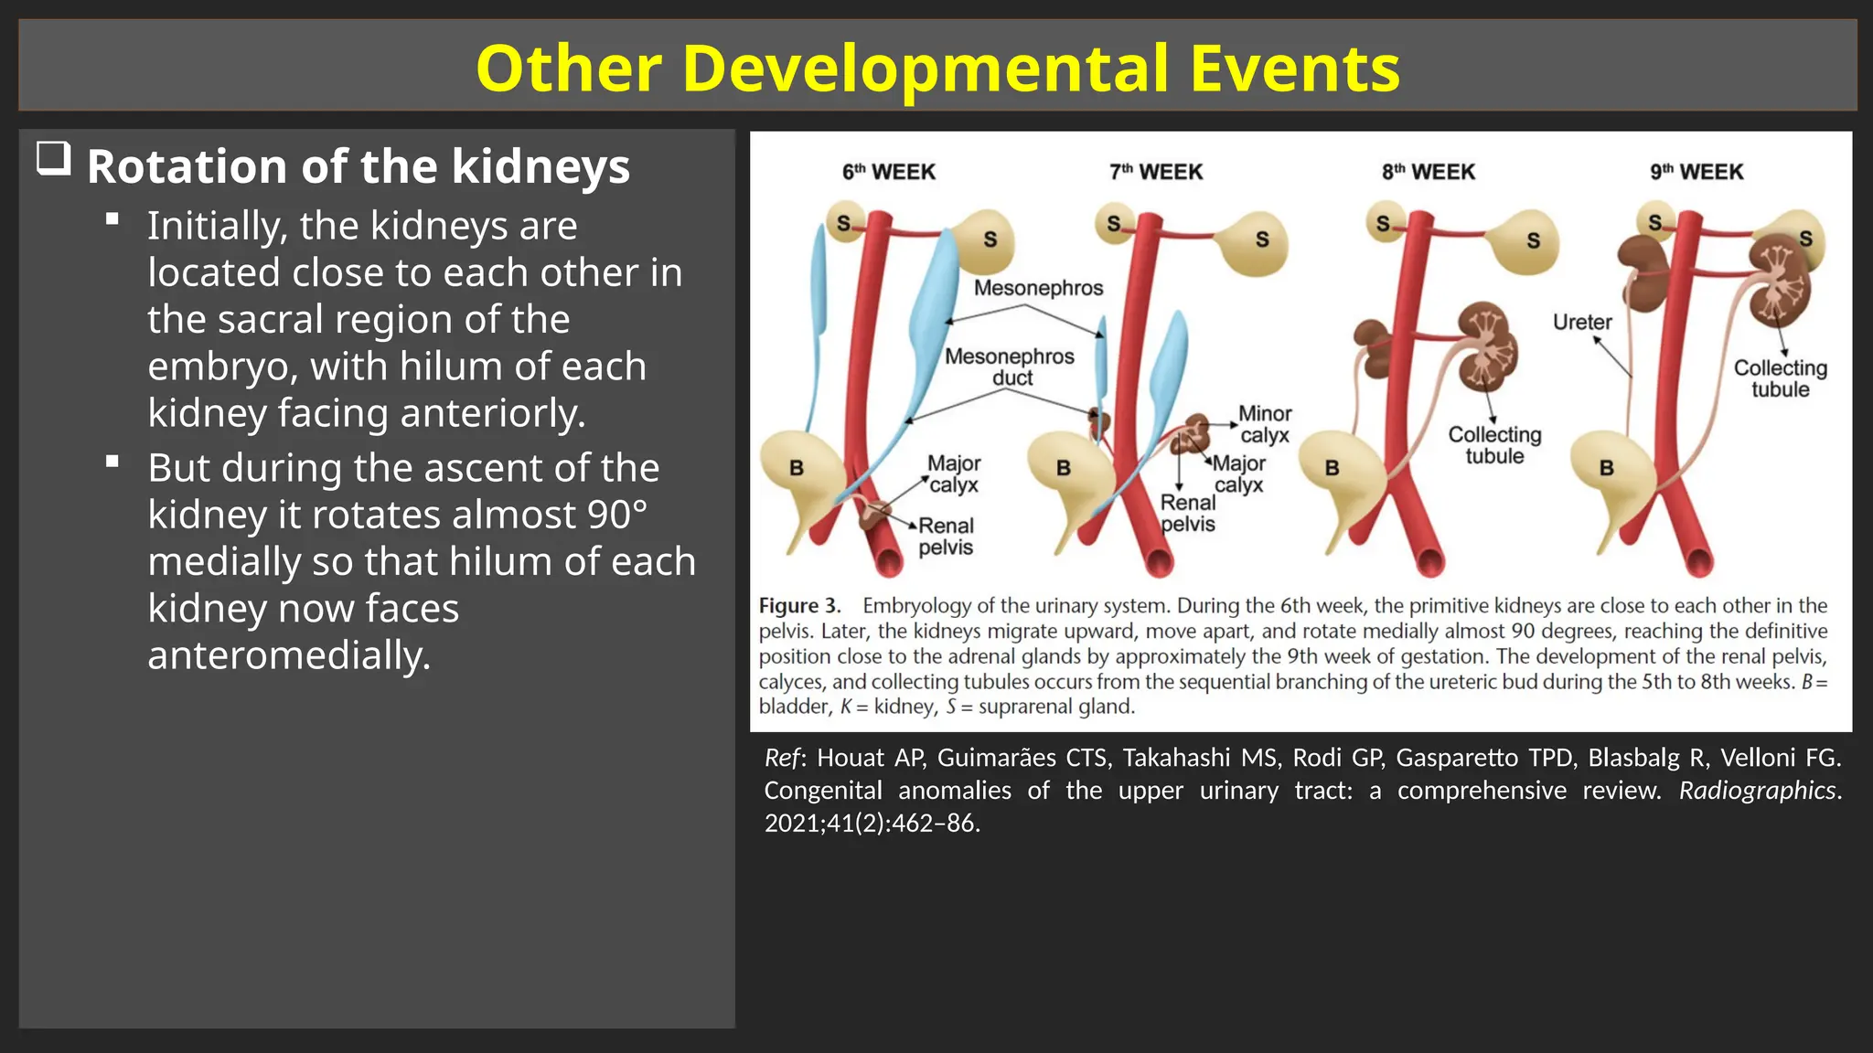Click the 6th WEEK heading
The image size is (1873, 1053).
tap(888, 172)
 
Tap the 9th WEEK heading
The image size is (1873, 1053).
tap(1696, 172)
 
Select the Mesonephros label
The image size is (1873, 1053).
tap(1038, 288)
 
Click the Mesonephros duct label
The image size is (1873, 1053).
tap(1010, 367)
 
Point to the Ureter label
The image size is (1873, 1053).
tap(1582, 322)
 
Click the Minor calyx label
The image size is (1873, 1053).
tap(1265, 424)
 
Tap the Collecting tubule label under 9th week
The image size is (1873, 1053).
tap(1780, 378)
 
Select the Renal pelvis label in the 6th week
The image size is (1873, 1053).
tap(946, 537)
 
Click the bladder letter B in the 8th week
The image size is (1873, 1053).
tap(1332, 468)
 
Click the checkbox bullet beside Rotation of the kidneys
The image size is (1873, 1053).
tap(54, 159)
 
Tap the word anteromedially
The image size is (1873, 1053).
tap(289, 655)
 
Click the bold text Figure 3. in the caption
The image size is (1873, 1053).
tap(799, 606)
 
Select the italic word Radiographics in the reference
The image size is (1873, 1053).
tap(1757, 791)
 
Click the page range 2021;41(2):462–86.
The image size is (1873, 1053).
tap(872, 824)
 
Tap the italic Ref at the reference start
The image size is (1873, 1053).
tap(782, 758)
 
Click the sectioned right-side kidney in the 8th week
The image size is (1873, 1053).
tap(1488, 347)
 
